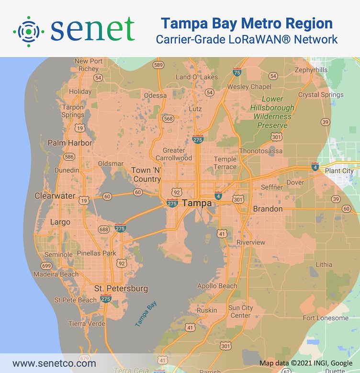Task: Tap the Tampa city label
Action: pyautogui.click(x=197, y=203)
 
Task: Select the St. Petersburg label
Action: pyautogui.click(x=121, y=289)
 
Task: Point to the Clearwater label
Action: pyautogui.click(x=55, y=196)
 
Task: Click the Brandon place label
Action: pyautogui.click(x=268, y=209)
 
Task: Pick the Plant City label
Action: pyautogui.click(x=339, y=171)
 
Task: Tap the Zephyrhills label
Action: pyautogui.click(x=311, y=70)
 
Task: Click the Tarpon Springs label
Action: pyautogui.click(x=73, y=111)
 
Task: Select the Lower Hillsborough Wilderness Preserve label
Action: pyautogui.click(x=272, y=112)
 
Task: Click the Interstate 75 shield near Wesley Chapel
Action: pyautogui.click(x=237, y=72)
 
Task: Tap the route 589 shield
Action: pyautogui.click(x=158, y=65)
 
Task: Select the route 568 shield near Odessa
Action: pyautogui.click(x=168, y=119)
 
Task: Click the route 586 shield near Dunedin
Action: pyautogui.click(x=69, y=157)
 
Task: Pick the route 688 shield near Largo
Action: pyautogui.click(x=103, y=230)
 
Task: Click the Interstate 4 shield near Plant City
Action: pyautogui.click(x=315, y=167)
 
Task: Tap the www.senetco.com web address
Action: pyautogui.click(x=54, y=363)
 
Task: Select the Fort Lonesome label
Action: pyautogui.click(x=326, y=318)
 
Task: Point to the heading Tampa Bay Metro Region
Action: pyautogui.click(x=247, y=23)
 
